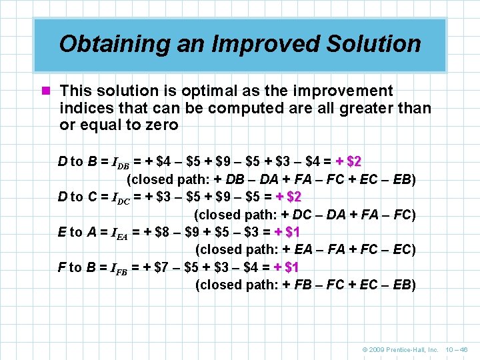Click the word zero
point(159,125)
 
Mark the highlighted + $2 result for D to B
point(349,161)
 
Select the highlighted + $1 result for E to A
point(287,232)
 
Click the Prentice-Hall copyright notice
point(400,349)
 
